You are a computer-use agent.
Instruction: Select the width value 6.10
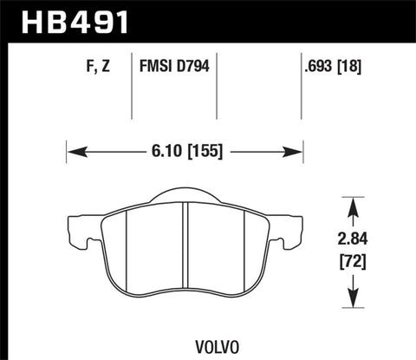pyautogui.click(x=162, y=150)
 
